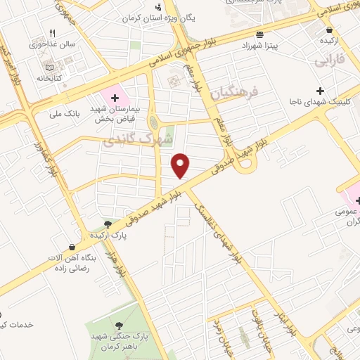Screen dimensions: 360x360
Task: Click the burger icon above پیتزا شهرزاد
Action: [x=261, y=34]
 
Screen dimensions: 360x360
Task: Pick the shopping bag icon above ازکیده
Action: [x=330, y=30]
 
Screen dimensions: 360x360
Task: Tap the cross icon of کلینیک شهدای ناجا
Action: [x=321, y=91]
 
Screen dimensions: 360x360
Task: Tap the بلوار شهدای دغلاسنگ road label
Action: [x=221, y=233]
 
